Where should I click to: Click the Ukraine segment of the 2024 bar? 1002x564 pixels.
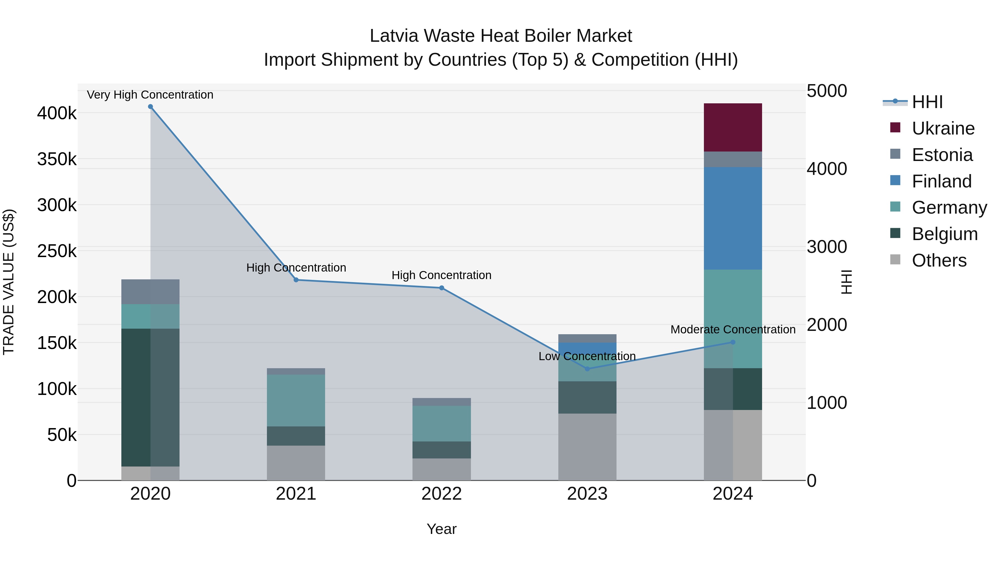pyautogui.click(x=733, y=127)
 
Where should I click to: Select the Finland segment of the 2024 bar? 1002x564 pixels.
pyautogui.click(x=733, y=218)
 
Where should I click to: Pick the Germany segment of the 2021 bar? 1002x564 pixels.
pyautogui.click(x=296, y=400)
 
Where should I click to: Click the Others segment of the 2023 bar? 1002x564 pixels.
pyautogui.click(x=587, y=446)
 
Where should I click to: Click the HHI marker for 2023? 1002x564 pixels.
pyautogui.click(x=587, y=368)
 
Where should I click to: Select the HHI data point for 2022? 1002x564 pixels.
pyautogui.click(x=441, y=288)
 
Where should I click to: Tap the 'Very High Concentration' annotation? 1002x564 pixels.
pyautogui.click(x=150, y=95)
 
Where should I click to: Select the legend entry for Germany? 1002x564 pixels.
pyautogui.click(x=949, y=207)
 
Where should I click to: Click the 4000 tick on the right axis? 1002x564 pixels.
pyautogui.click(x=827, y=169)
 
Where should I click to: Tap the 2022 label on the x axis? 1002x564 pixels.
pyautogui.click(x=441, y=494)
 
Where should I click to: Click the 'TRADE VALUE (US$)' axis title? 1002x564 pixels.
pyautogui.click(x=9, y=282)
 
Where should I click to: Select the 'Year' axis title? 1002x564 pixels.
pyautogui.click(x=441, y=529)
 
